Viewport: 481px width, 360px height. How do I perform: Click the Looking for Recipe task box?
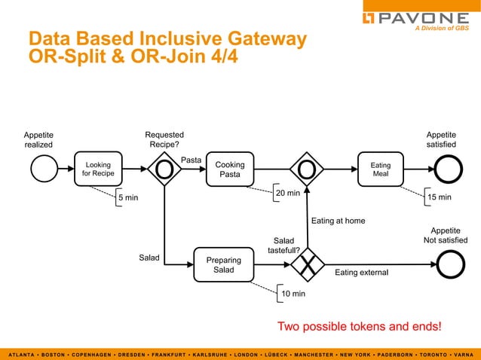pos(99,169)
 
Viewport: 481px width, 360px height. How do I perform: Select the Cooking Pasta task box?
pos(230,169)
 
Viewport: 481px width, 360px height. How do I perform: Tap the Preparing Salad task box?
pos(224,265)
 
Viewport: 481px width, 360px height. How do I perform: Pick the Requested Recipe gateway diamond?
pos(164,169)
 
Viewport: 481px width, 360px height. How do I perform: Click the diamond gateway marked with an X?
pos(307,264)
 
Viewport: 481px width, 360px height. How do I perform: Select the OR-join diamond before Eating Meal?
pos(307,169)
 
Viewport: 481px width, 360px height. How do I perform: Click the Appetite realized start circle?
pos(44,169)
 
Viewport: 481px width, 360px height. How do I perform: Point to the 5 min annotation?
pos(127,198)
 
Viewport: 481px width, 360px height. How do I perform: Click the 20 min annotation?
pos(287,194)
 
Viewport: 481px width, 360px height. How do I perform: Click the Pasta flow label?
pos(191,160)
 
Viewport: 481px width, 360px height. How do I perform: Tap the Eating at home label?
pos(338,221)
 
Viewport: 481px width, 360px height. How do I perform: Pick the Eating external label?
pos(361,273)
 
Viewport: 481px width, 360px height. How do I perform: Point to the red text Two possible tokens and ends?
pos(360,327)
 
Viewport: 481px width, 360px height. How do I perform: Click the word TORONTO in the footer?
pos(427,354)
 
